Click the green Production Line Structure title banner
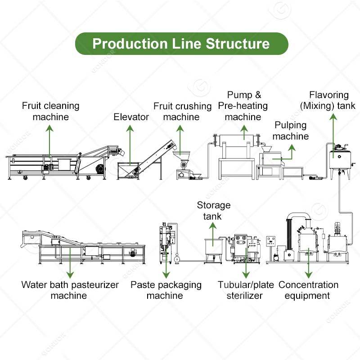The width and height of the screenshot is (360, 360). [181, 44]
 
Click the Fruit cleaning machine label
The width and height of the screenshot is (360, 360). [51, 111]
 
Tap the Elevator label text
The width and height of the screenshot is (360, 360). [131, 117]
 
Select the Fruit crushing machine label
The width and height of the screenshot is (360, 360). [182, 112]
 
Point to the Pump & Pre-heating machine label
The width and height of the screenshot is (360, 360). [243, 106]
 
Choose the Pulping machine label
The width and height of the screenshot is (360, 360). [291, 130]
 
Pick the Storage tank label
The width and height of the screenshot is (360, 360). [214, 211]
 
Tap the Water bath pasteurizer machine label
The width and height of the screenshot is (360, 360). [70, 290]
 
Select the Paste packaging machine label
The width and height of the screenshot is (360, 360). [166, 290]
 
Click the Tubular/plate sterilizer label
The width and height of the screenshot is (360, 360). [246, 290]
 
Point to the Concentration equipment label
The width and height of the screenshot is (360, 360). [308, 290]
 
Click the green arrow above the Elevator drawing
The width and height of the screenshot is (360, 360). [130, 144]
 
